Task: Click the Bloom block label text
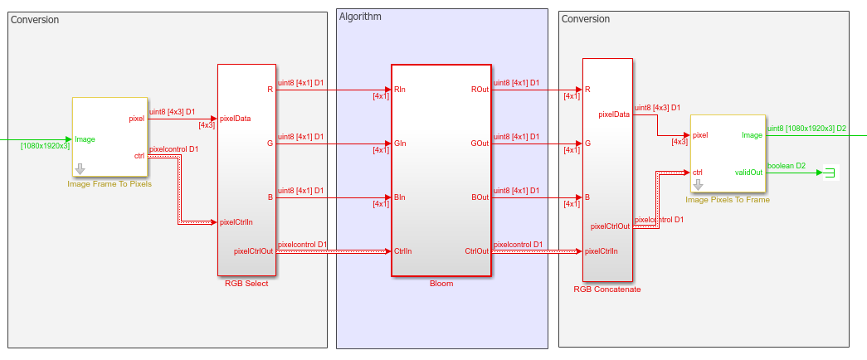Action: pyautogui.click(x=441, y=283)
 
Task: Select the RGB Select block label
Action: pyautogui.click(x=246, y=283)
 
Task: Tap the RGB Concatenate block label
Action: pyautogui.click(x=607, y=289)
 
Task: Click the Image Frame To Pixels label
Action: pyautogui.click(x=110, y=183)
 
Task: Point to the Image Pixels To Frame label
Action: pyautogui.click(x=728, y=199)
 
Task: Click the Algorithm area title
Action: pyautogui.click(x=360, y=17)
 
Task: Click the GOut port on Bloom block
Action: pyautogui.click(x=479, y=143)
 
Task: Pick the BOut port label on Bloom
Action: pyautogui.click(x=479, y=197)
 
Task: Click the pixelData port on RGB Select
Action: pyautogui.click(x=235, y=118)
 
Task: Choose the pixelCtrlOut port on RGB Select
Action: pyautogui.click(x=254, y=251)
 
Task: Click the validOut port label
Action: pyautogui.click(x=748, y=172)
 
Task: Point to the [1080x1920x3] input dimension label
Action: pyautogui.click(x=46, y=146)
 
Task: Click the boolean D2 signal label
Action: pyautogui.click(x=787, y=166)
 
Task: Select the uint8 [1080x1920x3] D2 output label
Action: pyautogui.click(x=806, y=128)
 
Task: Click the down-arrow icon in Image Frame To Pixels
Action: pyautogui.click(x=80, y=169)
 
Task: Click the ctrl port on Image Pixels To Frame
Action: pyautogui.click(x=698, y=172)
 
